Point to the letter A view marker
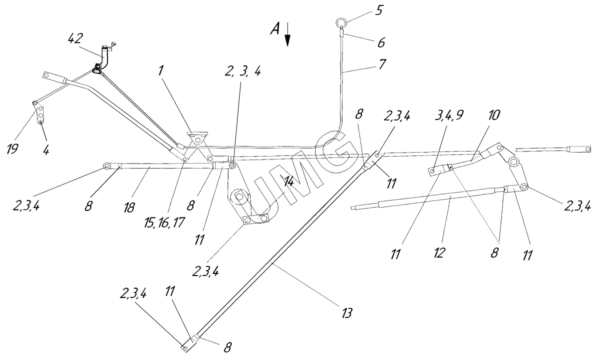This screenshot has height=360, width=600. (x=274, y=29)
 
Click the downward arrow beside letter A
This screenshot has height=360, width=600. (x=287, y=36)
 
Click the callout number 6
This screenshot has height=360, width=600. (x=381, y=43)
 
